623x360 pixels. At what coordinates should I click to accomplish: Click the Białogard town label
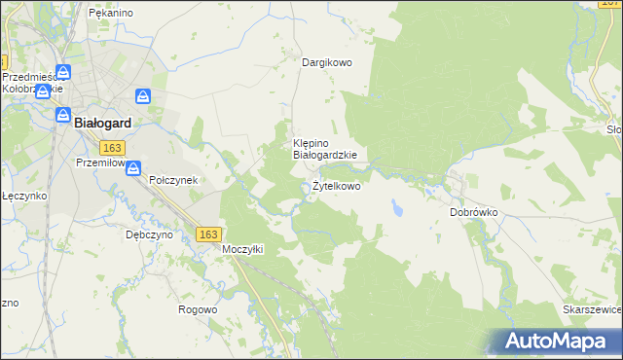[x=103, y=123]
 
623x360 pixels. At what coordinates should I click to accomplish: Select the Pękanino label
[x=110, y=13]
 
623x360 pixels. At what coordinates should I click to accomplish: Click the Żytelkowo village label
[x=336, y=186]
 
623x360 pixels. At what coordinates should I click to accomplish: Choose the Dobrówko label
[x=474, y=211]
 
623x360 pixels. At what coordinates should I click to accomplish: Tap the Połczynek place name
[x=173, y=180]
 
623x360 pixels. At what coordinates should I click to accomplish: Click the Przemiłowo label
[x=100, y=163]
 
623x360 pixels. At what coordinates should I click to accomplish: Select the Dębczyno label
[x=150, y=234]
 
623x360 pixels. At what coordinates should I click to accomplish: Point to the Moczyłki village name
[x=243, y=249]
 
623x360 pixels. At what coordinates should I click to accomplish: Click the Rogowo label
[x=197, y=309]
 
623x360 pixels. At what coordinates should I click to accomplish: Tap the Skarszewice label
[x=592, y=309]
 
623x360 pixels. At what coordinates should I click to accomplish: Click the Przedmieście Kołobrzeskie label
[x=32, y=82]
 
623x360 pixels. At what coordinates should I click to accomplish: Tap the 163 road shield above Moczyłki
[x=207, y=234]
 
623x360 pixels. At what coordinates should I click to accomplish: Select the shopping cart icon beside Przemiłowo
[x=133, y=167]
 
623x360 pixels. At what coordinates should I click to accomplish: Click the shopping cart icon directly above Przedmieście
[x=63, y=72]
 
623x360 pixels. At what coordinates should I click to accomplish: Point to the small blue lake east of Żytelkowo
[x=397, y=208]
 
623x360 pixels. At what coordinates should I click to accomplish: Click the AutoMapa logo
[x=560, y=342]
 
